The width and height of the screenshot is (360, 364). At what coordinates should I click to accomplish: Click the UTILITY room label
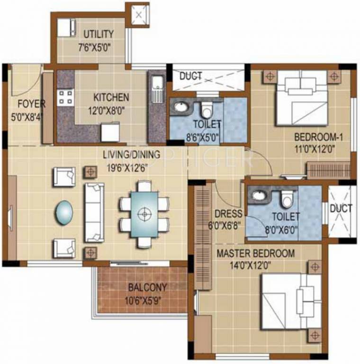99,34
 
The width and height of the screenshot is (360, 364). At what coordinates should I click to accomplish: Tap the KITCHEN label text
111,97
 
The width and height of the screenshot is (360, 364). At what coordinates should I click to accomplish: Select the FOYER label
31,104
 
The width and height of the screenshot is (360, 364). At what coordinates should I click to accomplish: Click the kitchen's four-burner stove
65,97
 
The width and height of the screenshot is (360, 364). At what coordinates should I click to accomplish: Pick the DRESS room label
228,213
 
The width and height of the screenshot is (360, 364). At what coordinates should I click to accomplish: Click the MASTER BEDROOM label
255,253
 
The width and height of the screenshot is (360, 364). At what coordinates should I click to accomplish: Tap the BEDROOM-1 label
319,137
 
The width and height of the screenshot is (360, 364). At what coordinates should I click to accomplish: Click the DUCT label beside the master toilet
341,208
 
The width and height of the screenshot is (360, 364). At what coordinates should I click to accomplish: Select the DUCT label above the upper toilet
191,76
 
